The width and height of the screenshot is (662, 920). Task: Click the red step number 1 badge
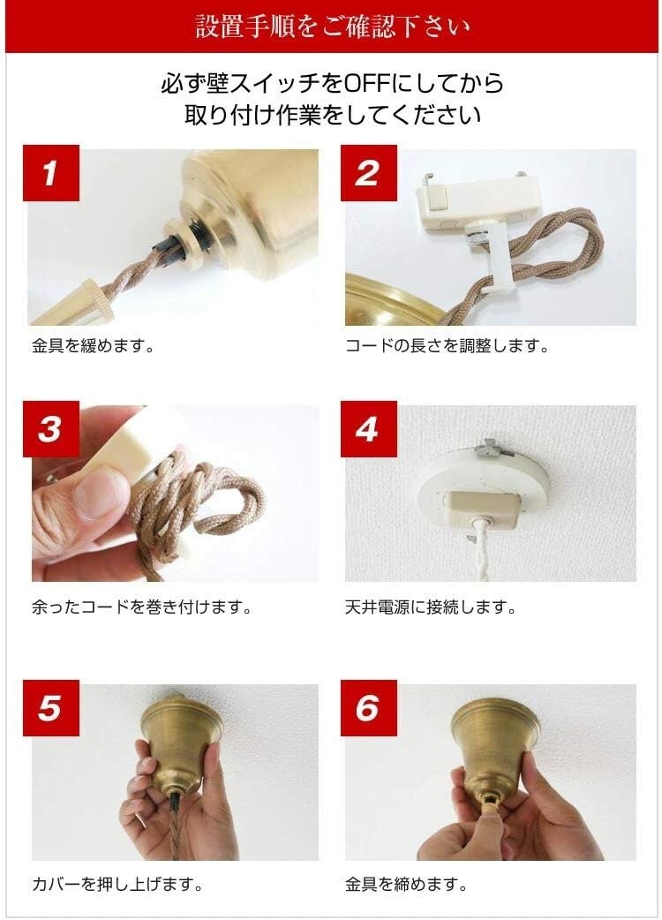(50, 173)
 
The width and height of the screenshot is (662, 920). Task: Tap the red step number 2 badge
(367, 173)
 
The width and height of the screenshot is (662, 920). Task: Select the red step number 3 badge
(50, 430)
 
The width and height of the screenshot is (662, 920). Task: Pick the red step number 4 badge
(367, 430)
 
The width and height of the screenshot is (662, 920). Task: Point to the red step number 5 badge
(50, 708)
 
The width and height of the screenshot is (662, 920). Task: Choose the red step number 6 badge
(367, 708)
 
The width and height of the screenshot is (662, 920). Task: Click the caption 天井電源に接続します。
(431, 607)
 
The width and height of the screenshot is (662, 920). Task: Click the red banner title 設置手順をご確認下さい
(331, 26)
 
